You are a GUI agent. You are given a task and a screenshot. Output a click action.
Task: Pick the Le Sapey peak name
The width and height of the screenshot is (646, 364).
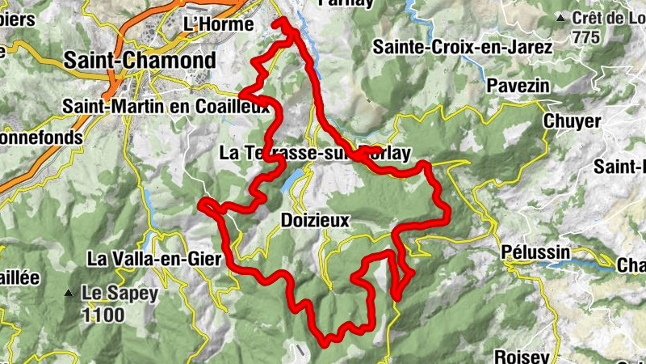pyautogui.click(x=120, y=294)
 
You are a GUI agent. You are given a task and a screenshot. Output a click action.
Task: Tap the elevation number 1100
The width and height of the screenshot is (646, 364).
pyautogui.click(x=103, y=314)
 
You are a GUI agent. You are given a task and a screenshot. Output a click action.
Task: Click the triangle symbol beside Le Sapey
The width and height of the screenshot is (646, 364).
pyautogui.click(x=72, y=293)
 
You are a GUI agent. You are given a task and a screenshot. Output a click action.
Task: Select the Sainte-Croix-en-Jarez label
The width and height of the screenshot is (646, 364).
pyautogui.click(x=462, y=48)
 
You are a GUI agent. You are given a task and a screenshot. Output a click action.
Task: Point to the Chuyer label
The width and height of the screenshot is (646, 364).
pyautogui.click(x=572, y=121)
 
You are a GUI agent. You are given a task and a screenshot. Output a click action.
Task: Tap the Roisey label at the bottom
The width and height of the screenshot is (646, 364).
pyautogui.click(x=522, y=356)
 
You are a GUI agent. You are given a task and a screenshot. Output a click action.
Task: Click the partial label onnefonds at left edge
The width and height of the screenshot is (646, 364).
pyautogui.click(x=40, y=138)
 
